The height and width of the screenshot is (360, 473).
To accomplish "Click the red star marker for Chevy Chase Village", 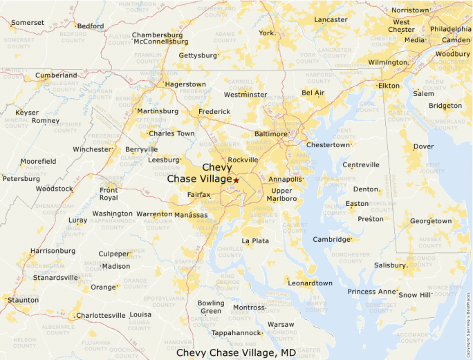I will [236, 180].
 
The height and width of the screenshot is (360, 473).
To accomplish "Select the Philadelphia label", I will [450, 30].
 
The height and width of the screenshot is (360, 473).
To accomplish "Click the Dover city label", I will [423, 146].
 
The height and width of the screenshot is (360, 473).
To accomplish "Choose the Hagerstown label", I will [185, 84].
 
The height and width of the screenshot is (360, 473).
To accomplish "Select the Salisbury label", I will [390, 265].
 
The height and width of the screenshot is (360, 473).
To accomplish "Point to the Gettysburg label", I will [198, 55].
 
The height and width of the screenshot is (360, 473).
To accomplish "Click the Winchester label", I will [92, 149].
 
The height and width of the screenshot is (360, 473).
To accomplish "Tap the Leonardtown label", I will [310, 283].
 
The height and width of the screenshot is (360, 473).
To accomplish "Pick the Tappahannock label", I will [236, 333].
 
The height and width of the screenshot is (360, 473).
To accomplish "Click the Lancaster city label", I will [331, 19].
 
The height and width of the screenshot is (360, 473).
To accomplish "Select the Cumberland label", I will [56, 75].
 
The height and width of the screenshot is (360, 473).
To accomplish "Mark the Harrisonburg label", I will [53, 251].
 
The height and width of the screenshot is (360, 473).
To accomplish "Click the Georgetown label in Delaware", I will [431, 221].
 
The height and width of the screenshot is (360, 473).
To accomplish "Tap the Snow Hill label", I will [415, 295].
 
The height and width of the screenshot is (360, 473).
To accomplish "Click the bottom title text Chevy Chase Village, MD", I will [236, 352].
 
